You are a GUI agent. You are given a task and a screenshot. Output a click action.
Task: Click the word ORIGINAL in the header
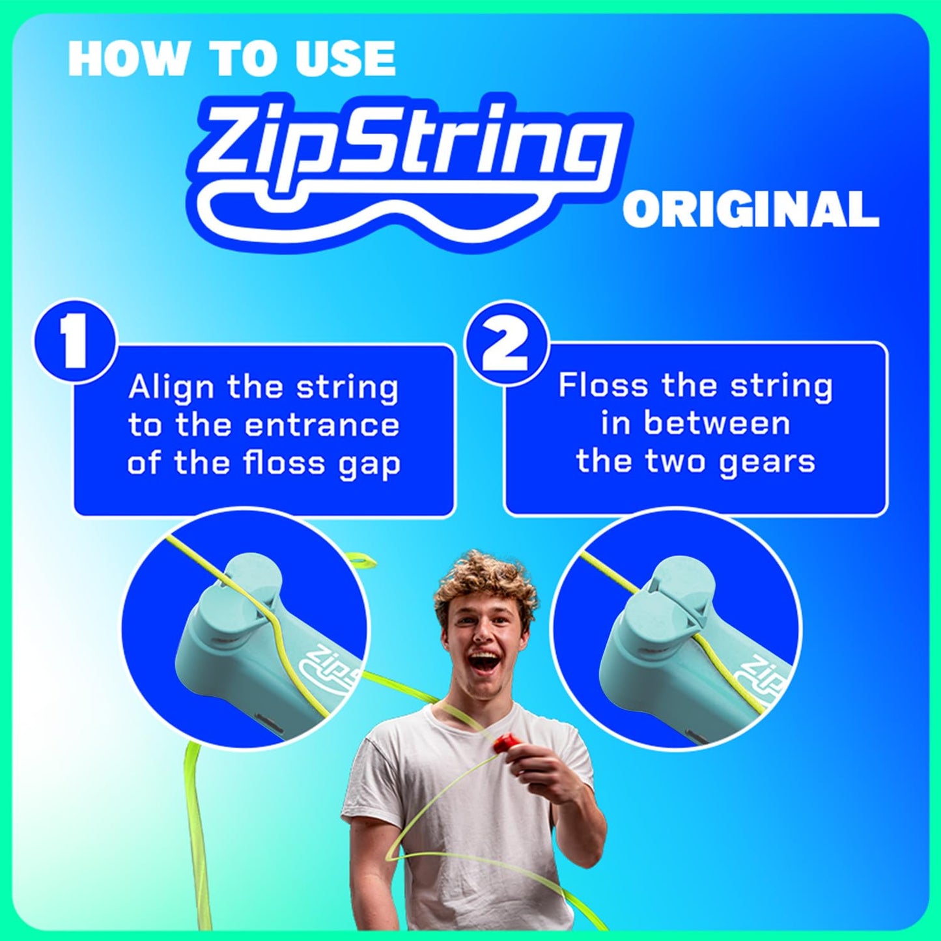pyautogui.click(x=750, y=210)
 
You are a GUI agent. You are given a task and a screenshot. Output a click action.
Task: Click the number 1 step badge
pyautogui.click(x=76, y=343)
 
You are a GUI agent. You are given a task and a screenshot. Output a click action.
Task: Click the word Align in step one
pyautogui.click(x=171, y=388)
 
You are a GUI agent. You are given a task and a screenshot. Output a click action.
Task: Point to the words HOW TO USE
pyautogui.click(x=232, y=58)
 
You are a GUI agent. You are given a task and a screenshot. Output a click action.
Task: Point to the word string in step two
pyautogui.click(x=781, y=387)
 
